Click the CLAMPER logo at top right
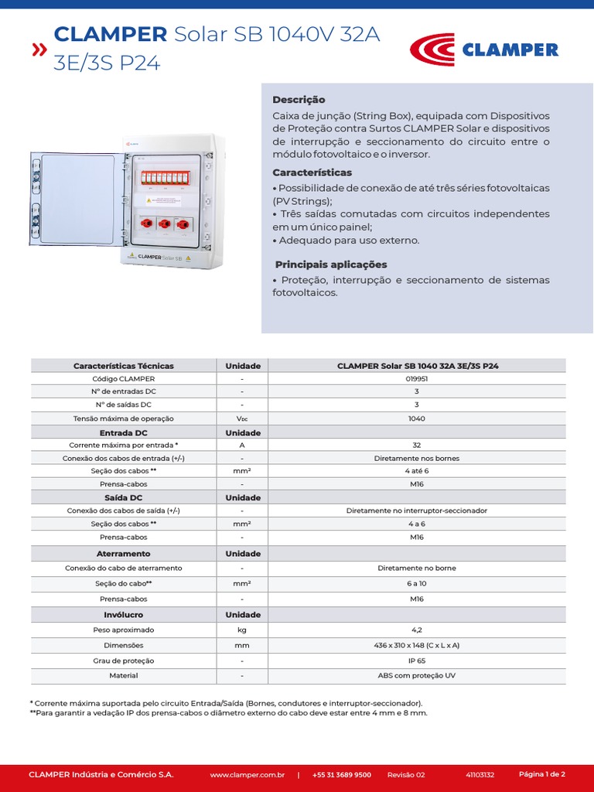(x=484, y=49)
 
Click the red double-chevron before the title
(x=38, y=51)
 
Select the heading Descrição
(x=299, y=100)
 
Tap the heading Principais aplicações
(x=331, y=265)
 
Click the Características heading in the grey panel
(x=312, y=172)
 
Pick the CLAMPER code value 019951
(x=417, y=379)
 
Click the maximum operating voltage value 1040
(x=417, y=418)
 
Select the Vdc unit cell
(x=242, y=418)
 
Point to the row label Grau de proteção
(x=123, y=661)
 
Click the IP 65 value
(x=417, y=661)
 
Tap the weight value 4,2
(x=417, y=630)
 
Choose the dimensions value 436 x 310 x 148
(x=417, y=645)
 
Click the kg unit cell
(x=242, y=630)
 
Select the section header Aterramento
(x=123, y=554)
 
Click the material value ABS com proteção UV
(x=417, y=675)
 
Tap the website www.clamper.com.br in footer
(x=247, y=774)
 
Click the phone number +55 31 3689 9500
(x=342, y=774)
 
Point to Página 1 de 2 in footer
(x=541, y=773)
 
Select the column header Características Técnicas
(x=123, y=366)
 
